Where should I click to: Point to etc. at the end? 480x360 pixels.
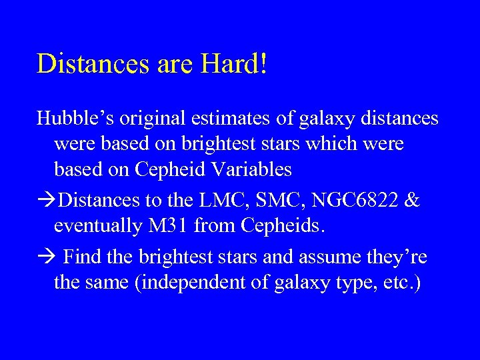click(402, 283)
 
